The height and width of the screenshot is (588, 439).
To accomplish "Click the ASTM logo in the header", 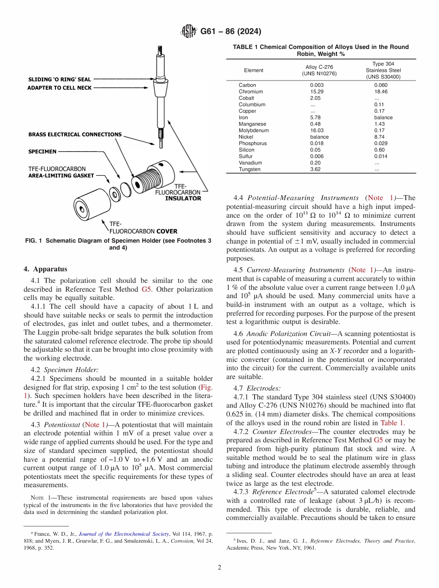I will (188, 31).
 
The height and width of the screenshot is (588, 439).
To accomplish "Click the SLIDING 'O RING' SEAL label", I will (60, 80).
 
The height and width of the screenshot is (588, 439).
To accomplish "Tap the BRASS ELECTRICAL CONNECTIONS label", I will (75, 135).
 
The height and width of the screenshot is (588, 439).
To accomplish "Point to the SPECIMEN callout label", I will (43, 151).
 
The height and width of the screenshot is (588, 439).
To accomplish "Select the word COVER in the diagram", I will (166, 231).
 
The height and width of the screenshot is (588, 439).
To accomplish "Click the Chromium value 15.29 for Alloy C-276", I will (316, 92).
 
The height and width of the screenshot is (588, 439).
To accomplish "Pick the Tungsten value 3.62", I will (316, 169).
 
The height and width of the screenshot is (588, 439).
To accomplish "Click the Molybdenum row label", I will (253, 130).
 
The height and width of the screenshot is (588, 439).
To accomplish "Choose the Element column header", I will (253, 70).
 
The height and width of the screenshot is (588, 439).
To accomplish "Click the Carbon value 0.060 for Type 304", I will (380, 85).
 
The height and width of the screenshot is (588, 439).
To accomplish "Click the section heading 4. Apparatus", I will (45, 269).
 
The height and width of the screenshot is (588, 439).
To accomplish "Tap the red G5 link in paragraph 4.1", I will (146, 289).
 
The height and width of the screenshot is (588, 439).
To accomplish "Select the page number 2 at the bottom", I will (219, 567).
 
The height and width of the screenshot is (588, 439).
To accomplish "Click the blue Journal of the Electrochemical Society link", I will (124, 534).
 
